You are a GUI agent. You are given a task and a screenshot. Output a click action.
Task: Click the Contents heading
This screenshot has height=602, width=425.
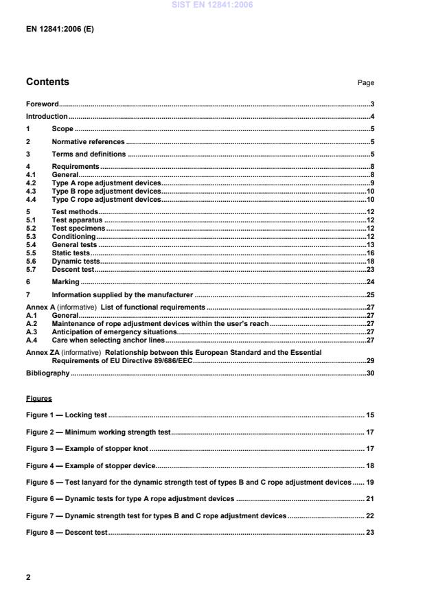(x=47, y=82)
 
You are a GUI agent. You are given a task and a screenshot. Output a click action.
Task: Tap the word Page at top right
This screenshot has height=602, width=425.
(x=366, y=83)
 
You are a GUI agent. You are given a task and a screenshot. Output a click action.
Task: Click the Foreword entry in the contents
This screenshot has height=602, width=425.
(x=42, y=104)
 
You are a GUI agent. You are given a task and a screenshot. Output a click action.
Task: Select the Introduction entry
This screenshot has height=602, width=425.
(x=47, y=117)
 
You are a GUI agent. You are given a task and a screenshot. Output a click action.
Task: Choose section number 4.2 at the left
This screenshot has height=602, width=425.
(x=31, y=183)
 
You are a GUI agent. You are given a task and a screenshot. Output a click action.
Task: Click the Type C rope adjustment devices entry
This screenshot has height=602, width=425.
(x=106, y=200)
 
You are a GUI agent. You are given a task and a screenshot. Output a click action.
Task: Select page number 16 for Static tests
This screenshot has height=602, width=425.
(x=369, y=253)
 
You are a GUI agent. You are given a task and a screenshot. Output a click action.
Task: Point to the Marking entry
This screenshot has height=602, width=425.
(x=66, y=282)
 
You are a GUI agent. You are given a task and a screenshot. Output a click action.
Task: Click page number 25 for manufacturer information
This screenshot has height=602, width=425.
(x=369, y=295)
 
